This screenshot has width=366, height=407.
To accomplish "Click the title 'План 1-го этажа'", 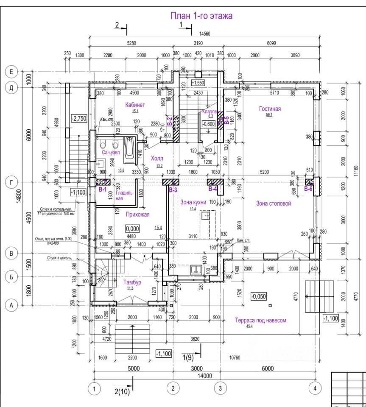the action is click(x=201, y=16).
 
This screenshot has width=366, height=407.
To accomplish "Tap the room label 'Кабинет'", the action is click(x=135, y=105).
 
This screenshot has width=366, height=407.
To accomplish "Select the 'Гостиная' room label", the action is click(x=270, y=109).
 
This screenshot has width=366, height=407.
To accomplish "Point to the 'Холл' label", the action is click(x=157, y=158).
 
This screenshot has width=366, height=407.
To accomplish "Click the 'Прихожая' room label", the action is click(x=138, y=215).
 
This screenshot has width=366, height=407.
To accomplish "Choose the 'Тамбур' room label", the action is click(x=132, y=282).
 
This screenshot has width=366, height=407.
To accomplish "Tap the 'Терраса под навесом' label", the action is click(x=260, y=321).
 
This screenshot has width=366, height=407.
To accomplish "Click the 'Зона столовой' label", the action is click(x=274, y=203).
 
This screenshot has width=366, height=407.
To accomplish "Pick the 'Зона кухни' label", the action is click(x=193, y=202).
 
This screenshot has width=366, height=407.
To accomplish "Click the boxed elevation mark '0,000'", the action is click(x=133, y=228).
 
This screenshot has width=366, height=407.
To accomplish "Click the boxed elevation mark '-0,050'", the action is click(x=258, y=295).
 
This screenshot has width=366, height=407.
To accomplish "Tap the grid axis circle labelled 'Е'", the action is click(x=11, y=72).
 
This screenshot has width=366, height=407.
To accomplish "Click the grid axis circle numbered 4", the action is click(x=314, y=387).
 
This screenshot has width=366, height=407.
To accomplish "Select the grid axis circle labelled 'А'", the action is click(x=11, y=304).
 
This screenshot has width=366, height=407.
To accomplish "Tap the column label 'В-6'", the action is click(x=308, y=190).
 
